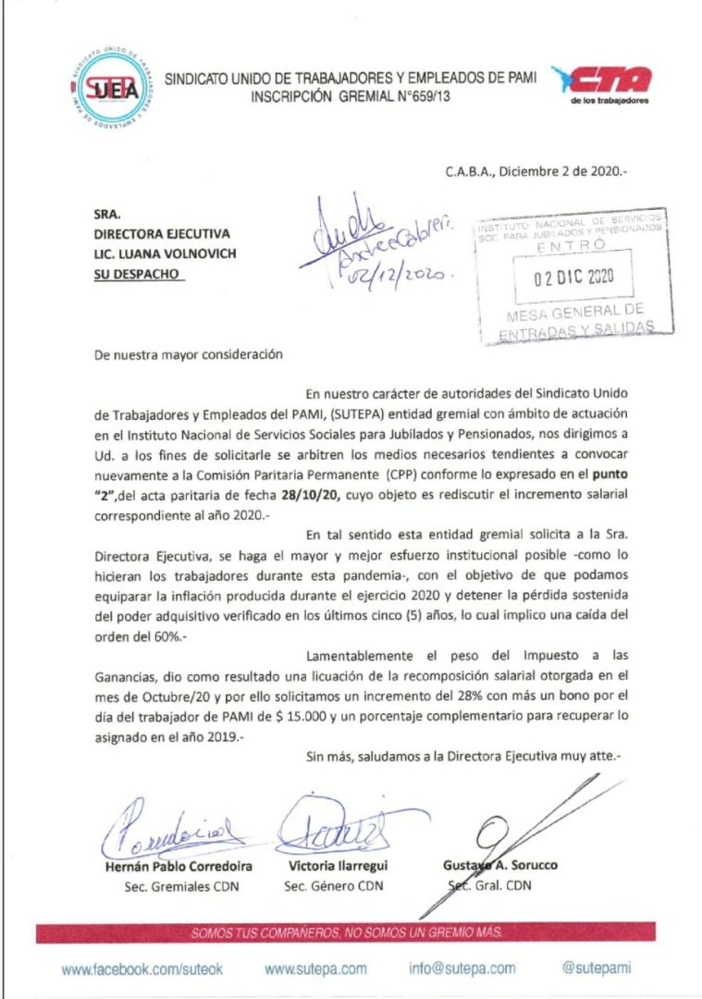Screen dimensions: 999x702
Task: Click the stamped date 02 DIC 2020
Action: coord(573,277)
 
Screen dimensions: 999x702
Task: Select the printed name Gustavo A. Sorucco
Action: coord(499,866)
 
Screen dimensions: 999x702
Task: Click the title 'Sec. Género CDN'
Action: coord(328,886)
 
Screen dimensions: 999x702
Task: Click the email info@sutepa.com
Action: coord(462,968)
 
